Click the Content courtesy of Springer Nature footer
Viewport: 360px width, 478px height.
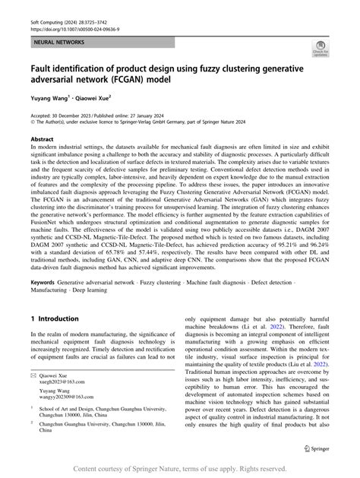tap(180, 468)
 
